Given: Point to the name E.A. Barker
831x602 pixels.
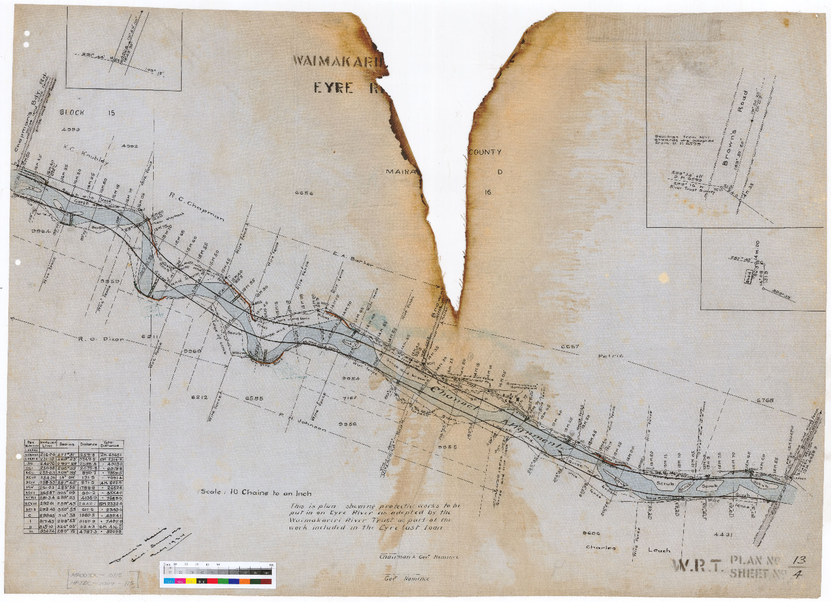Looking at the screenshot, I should pyautogui.click(x=353, y=259).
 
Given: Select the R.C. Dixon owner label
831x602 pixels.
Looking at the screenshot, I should pyautogui.click(x=102, y=339).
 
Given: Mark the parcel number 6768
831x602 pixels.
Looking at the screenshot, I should pyautogui.click(x=765, y=400).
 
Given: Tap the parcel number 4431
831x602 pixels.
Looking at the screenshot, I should pyautogui.click(x=723, y=534).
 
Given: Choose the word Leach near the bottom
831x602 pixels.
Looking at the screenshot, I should pyautogui.click(x=659, y=550).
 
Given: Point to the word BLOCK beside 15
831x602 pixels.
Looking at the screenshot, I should pyautogui.click(x=72, y=112).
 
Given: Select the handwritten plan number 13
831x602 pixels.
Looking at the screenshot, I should pyautogui.click(x=800, y=560).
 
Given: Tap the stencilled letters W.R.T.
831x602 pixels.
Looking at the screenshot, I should pyautogui.click(x=698, y=566).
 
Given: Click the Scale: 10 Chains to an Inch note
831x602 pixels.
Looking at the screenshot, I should pyautogui.click(x=256, y=492).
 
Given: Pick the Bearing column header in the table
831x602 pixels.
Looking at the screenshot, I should pyautogui.click(x=66, y=444).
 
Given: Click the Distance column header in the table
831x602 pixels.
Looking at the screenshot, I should pyautogui.click(x=88, y=444).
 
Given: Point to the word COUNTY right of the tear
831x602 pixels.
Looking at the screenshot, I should pyautogui.click(x=485, y=152).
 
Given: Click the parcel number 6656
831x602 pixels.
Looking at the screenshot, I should pyautogui.click(x=303, y=193).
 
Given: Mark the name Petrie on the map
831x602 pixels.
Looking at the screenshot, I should pyautogui.click(x=610, y=356).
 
